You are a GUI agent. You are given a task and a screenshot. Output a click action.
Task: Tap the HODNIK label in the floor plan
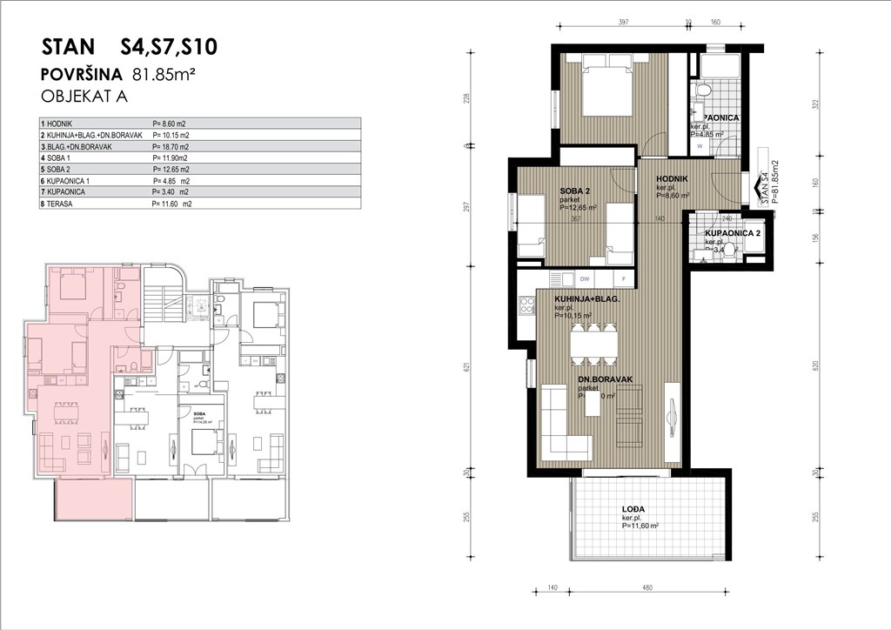click(x=672, y=178)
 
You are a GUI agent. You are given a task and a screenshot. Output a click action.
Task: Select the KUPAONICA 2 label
click(x=733, y=234)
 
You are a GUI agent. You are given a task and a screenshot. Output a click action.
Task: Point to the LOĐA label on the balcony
click(x=633, y=511)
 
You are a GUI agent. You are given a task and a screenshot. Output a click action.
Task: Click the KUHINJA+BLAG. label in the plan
click(x=586, y=298)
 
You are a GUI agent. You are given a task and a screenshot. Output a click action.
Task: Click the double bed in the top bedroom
click(x=606, y=84)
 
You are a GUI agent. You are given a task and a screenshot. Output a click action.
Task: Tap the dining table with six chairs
click(x=594, y=344)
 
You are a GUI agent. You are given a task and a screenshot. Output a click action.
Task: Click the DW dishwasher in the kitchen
click(x=585, y=279)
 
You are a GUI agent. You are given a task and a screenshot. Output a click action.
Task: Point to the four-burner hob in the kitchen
click(x=526, y=305)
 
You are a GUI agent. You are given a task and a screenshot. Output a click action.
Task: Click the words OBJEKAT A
click(x=84, y=97)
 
